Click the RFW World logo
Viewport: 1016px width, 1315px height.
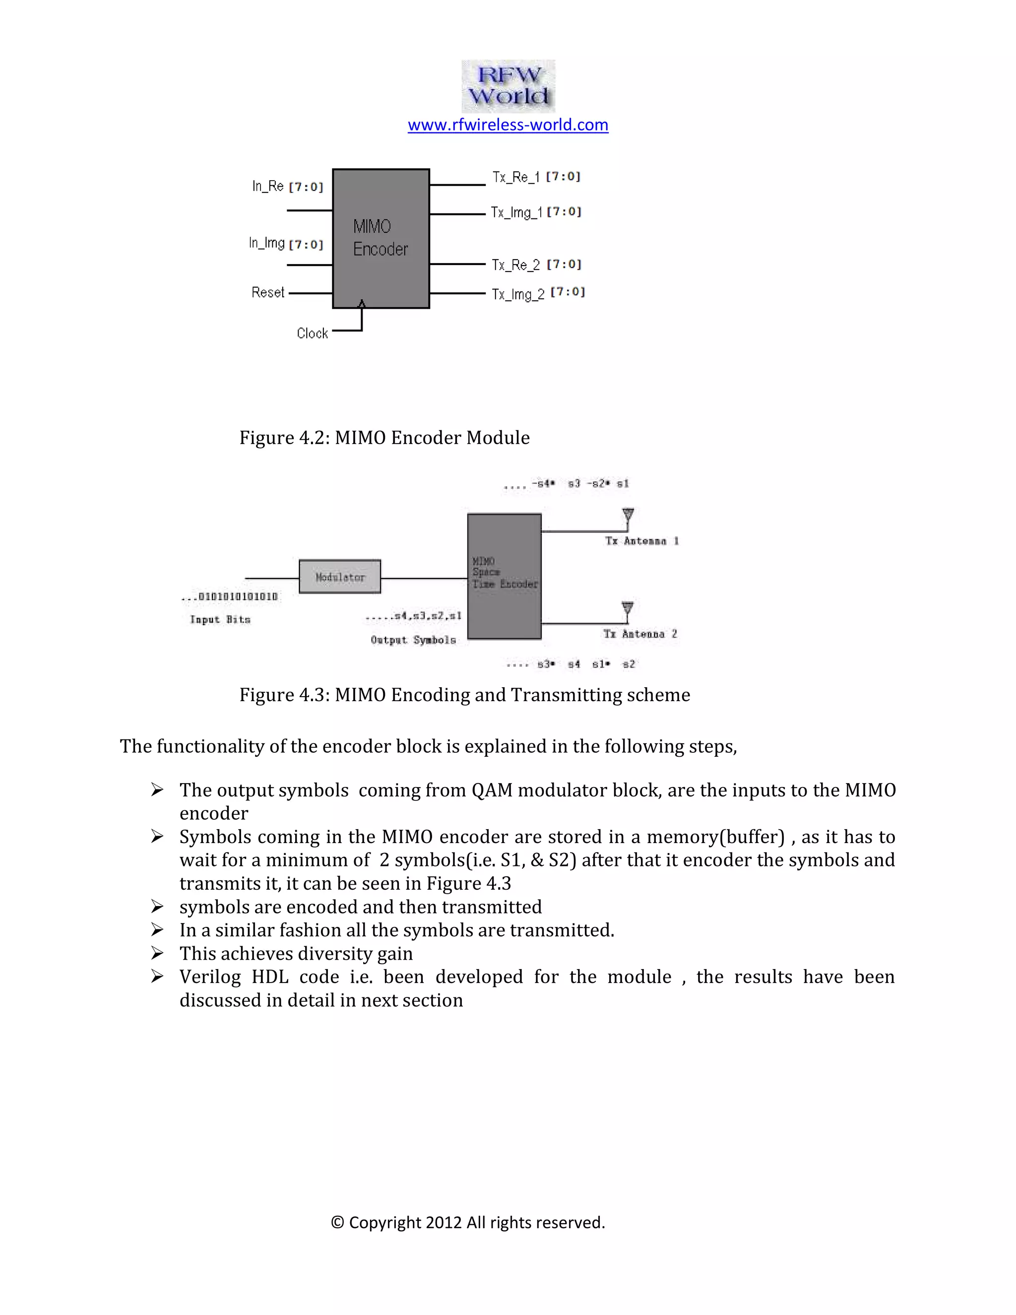point(508,86)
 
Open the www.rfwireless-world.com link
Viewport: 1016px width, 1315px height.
point(508,125)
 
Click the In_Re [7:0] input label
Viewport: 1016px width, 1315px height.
point(287,187)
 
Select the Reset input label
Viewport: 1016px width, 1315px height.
point(267,293)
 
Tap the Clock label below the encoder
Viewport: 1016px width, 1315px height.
point(312,333)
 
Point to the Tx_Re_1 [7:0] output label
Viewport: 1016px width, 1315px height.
point(536,177)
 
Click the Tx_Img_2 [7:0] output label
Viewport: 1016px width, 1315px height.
point(537,293)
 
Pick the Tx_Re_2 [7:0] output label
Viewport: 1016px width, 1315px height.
point(536,265)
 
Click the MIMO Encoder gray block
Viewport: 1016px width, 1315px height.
point(381,238)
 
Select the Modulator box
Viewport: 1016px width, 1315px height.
point(340,577)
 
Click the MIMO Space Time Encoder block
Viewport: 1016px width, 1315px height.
point(504,576)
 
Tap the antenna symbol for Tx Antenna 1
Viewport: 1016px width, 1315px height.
point(628,516)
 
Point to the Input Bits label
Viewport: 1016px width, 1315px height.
point(220,620)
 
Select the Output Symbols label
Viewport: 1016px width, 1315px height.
point(413,640)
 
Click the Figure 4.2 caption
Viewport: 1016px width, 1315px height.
point(384,438)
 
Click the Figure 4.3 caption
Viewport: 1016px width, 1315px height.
point(464,695)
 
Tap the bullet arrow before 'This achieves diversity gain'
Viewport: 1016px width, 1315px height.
point(157,953)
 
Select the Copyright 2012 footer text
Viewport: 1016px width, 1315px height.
point(468,1222)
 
